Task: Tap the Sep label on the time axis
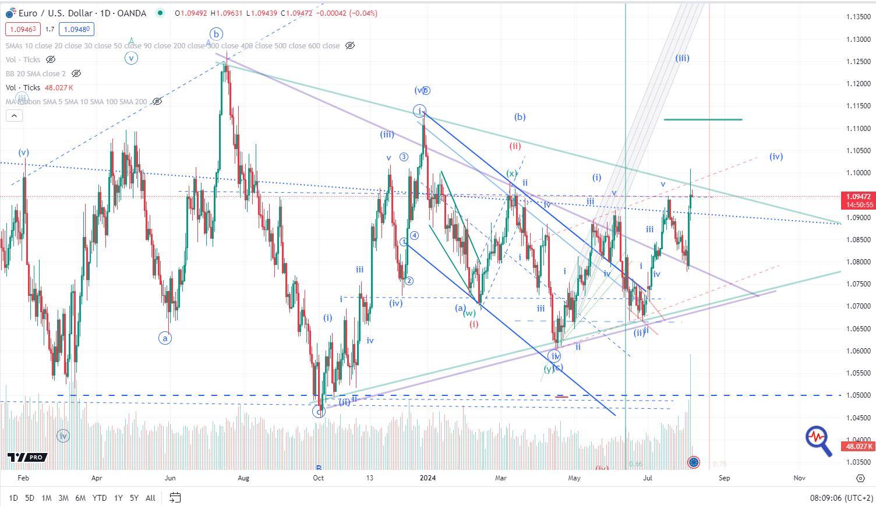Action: click(724, 478)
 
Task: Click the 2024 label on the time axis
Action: click(428, 478)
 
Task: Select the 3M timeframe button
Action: click(63, 498)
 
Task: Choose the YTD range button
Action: click(100, 498)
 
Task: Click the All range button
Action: click(150, 498)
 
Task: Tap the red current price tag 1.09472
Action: click(857, 197)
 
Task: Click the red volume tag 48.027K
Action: click(857, 447)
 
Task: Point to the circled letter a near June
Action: click(165, 338)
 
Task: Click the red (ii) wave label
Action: click(515, 146)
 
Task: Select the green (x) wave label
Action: click(511, 174)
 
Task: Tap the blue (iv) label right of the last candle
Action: click(776, 156)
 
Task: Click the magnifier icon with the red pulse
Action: click(818, 440)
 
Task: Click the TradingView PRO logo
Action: click(27, 458)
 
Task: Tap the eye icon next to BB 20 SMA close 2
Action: click(76, 74)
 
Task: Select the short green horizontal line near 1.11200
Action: click(702, 119)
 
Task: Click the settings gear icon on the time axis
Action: click(860, 478)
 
